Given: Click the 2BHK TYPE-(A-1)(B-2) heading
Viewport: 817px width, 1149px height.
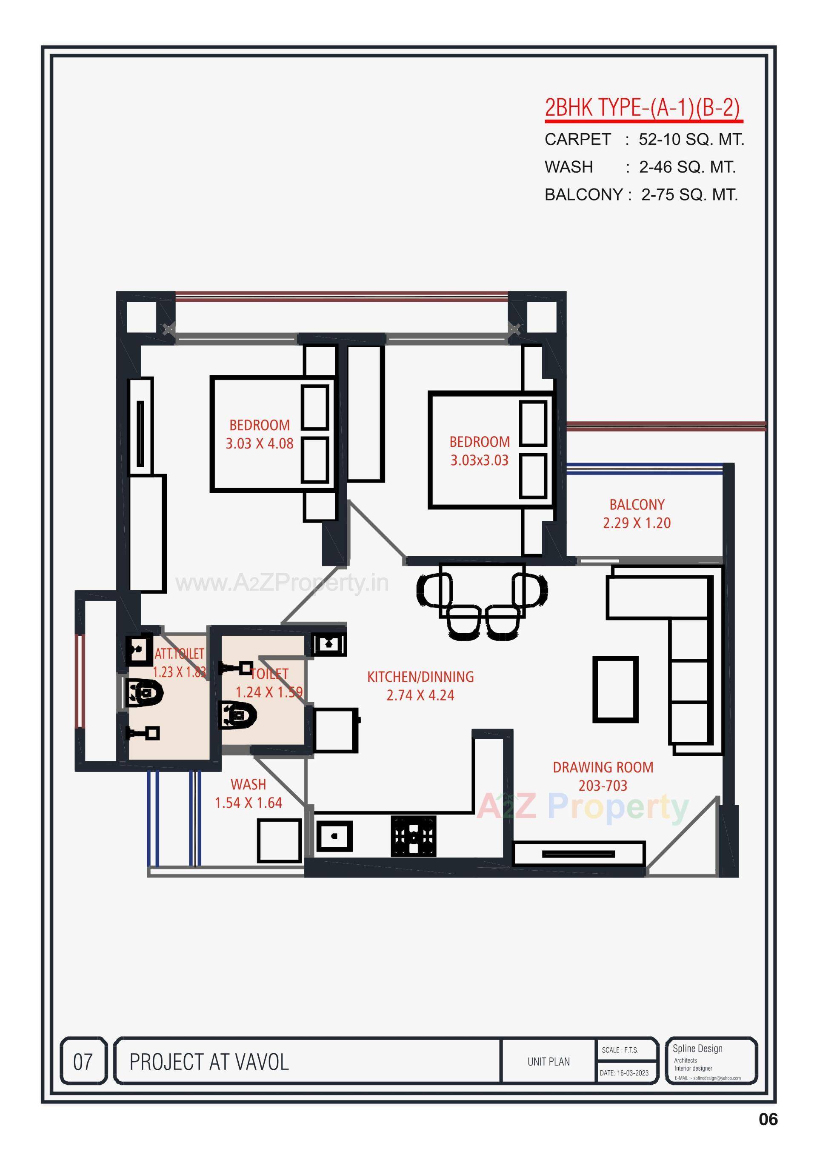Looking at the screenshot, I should point(643,108).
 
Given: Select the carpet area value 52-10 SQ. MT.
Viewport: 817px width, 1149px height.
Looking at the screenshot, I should point(691,139).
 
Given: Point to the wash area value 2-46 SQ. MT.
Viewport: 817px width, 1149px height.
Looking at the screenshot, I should point(687,167).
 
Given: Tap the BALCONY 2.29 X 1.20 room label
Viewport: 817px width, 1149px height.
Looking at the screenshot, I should point(637,514).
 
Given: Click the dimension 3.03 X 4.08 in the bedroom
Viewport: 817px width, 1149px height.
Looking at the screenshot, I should point(259,444).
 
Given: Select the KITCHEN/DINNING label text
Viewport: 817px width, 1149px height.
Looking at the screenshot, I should point(420,677).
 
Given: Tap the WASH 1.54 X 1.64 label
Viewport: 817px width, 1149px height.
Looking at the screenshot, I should point(248,793).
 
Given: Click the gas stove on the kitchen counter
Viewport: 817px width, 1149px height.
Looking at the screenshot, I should point(413,836).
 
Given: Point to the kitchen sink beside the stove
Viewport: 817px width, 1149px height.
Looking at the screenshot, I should point(334,836).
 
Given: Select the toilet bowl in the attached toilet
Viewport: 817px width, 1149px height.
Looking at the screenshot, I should point(144,693).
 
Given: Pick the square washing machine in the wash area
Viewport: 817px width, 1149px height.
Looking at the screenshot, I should point(279,840).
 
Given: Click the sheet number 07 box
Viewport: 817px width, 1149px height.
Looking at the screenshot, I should point(83,1062).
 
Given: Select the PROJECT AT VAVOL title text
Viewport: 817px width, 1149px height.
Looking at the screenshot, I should point(209,1062).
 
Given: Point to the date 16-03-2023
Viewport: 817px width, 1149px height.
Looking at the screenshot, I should point(624,1073).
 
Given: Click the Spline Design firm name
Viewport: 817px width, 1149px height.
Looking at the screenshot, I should point(697,1049).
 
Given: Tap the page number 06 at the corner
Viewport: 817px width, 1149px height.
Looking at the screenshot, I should point(768,1119).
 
